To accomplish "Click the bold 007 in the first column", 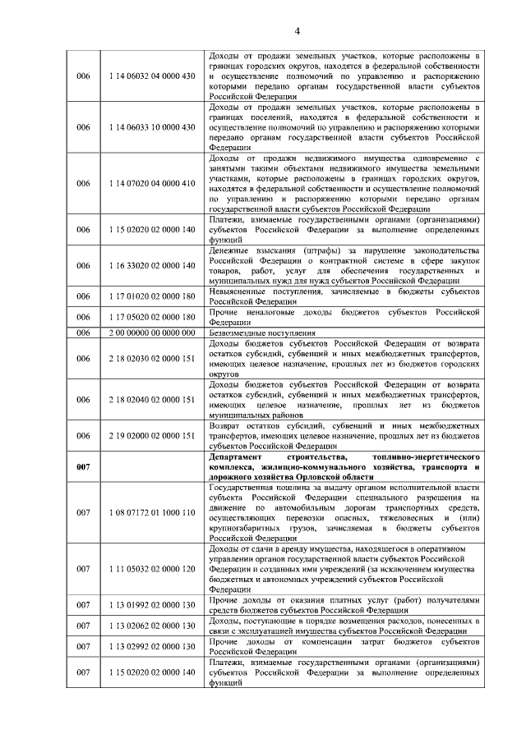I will [x=83, y=467].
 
